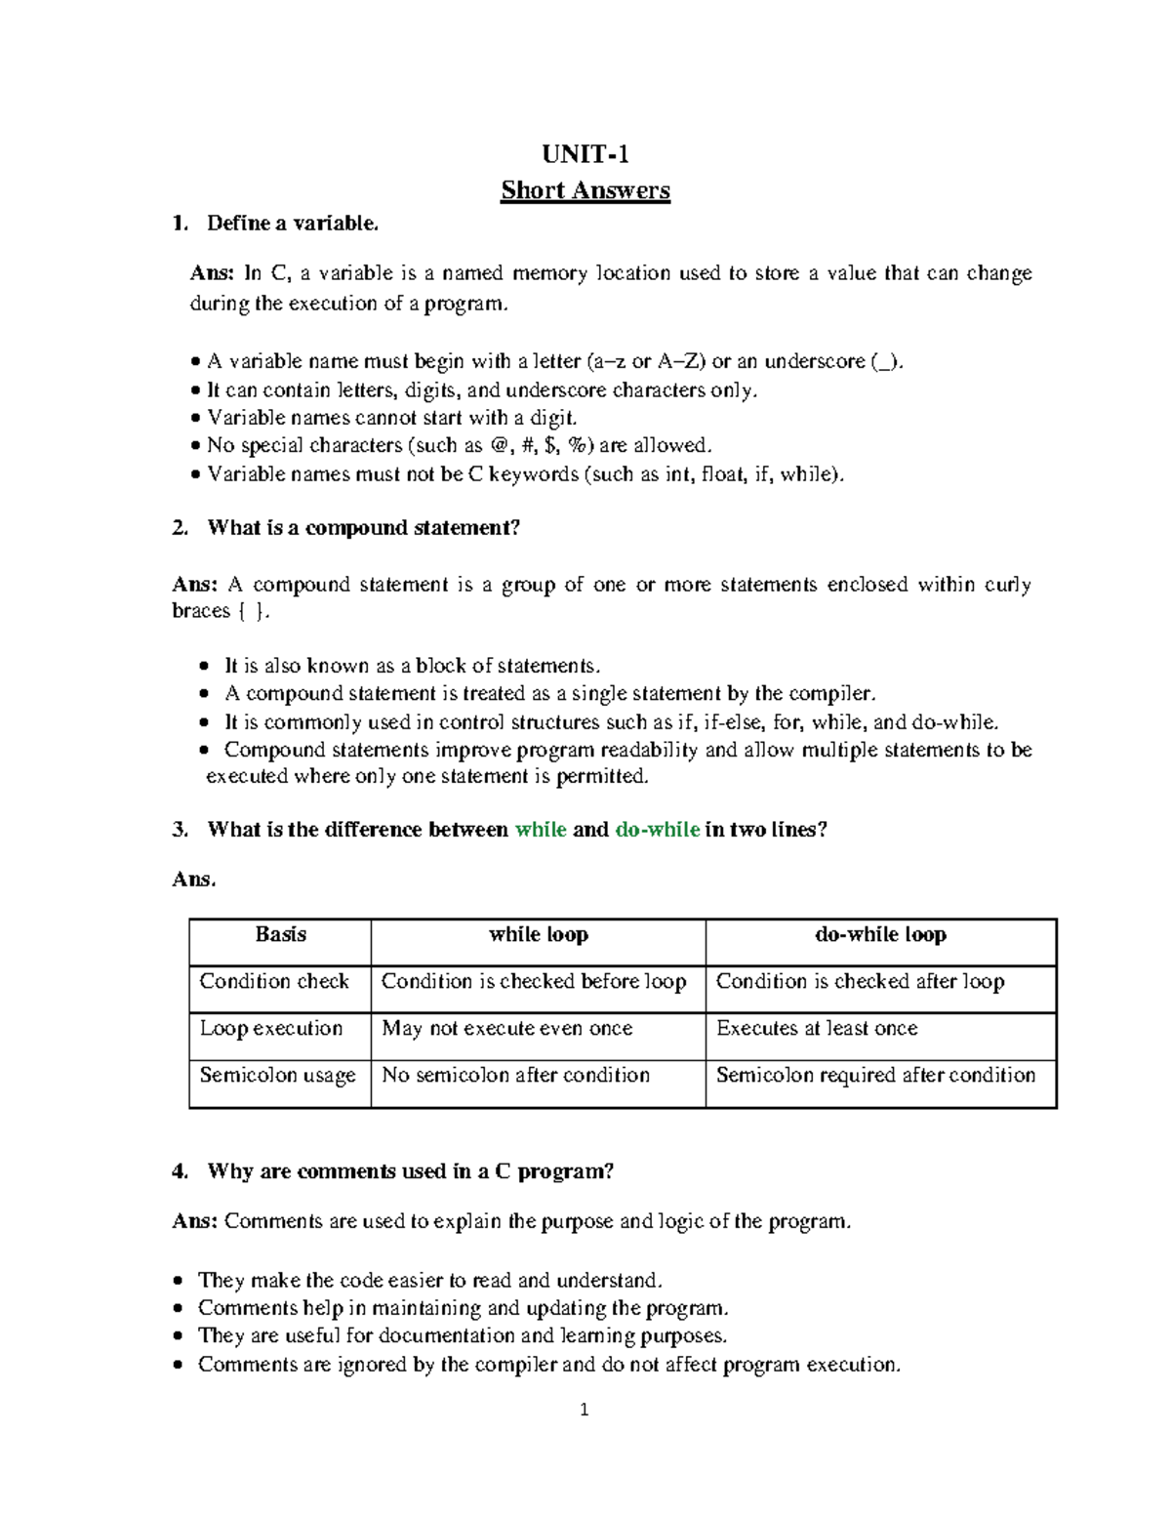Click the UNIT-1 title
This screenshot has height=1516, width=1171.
point(585,154)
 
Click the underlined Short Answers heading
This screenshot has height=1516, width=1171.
point(585,190)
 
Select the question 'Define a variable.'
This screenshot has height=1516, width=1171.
point(292,224)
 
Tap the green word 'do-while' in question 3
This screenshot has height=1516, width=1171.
point(657,830)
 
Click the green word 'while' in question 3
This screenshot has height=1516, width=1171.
point(541,830)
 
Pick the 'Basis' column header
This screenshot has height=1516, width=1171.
point(280,935)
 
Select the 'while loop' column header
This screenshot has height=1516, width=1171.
point(538,935)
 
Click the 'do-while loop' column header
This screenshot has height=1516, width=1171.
point(880,935)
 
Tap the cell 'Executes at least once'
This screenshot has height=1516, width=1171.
point(817,1028)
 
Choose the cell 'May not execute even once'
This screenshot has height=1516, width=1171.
point(507,1028)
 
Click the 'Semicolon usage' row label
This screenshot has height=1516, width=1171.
point(277,1075)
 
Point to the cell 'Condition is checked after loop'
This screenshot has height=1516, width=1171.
point(860,981)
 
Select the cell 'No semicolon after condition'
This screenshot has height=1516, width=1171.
point(515,1075)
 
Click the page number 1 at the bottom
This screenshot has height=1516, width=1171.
point(585,1410)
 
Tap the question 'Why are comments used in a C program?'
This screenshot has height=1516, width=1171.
point(410,1171)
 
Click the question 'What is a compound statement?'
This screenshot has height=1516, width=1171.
point(363,528)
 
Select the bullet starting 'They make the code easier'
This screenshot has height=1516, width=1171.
point(429,1280)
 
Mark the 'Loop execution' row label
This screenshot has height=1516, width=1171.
point(271,1028)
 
